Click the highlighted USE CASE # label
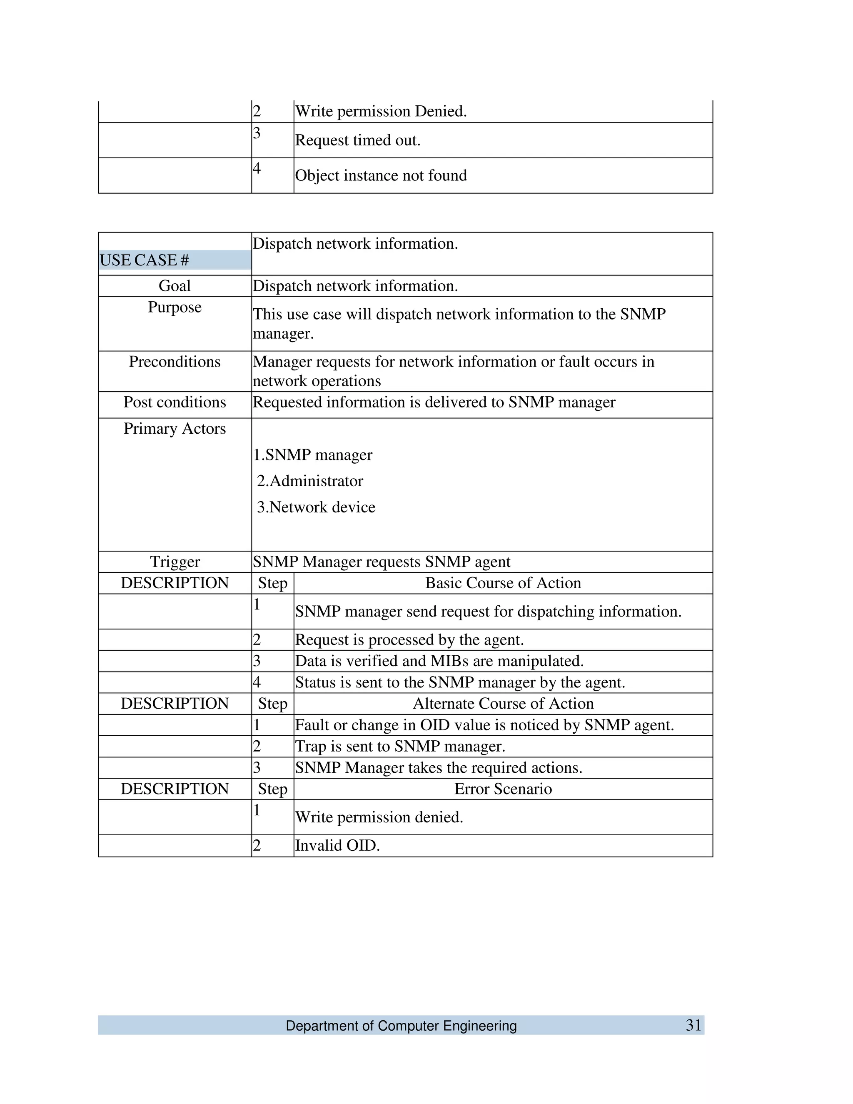[145, 260]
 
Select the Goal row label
[175, 286]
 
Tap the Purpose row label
[175, 307]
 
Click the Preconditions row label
[175, 362]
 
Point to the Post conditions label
[175, 402]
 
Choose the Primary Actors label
[175, 429]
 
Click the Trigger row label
[175, 562]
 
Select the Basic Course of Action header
[503, 583]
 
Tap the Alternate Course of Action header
[503, 704]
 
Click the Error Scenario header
[503, 789]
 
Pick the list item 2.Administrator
[310, 481]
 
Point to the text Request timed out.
[357, 140]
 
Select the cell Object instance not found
[381, 176]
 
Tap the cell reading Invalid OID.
[337, 846]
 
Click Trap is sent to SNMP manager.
[400, 747]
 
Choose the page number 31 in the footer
[693, 1025]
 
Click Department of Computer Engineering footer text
[401, 1026]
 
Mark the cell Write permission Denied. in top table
[381, 112]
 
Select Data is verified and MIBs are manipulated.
[439, 661]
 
